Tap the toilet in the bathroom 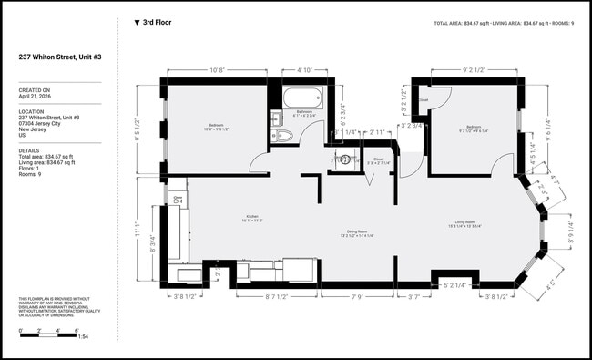tap(282, 135)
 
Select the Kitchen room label tap(251, 219)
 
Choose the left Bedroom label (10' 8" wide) tap(217, 127)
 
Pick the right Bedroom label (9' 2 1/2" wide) tap(474, 128)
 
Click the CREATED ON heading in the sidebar tap(34, 90)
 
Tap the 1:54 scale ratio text tap(81, 337)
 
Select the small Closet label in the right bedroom tap(424, 100)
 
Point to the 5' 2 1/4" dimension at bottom tap(455, 285)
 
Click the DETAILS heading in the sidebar tap(29, 150)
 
